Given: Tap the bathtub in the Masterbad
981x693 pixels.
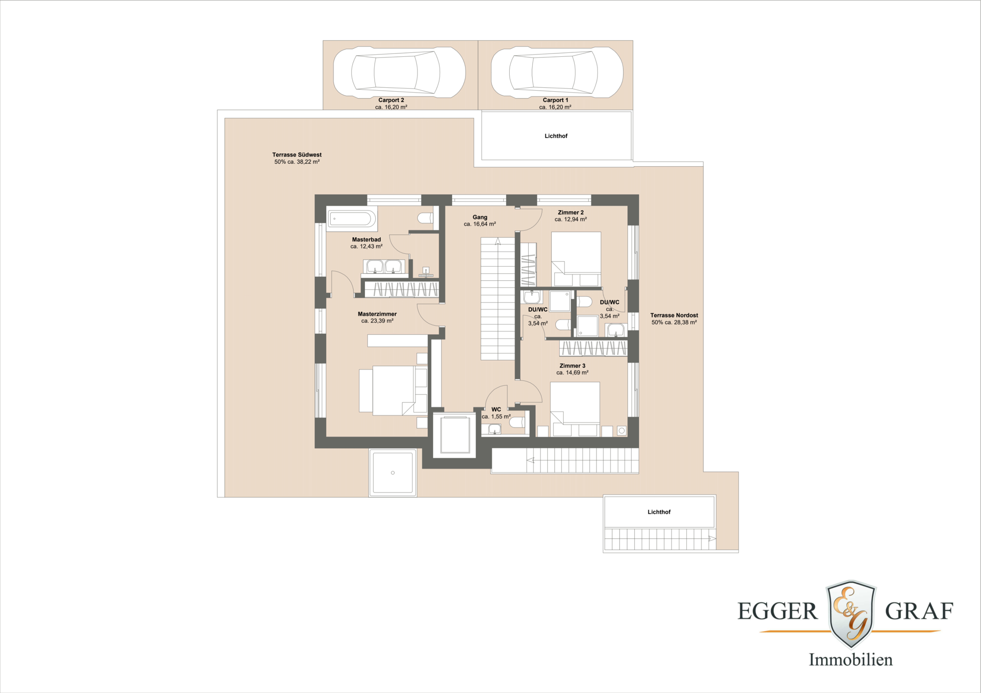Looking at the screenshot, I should (351, 219).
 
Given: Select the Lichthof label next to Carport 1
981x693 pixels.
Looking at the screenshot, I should (556, 136).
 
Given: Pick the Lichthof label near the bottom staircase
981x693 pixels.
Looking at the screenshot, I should (659, 512).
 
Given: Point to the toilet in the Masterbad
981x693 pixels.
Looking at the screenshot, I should (425, 218).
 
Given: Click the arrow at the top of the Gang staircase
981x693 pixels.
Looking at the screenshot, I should (497, 241).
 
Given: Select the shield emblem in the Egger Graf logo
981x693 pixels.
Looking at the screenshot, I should (851, 613).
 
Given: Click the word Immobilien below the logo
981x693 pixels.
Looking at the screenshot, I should (851, 660).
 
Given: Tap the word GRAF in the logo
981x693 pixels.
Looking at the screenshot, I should (919, 611).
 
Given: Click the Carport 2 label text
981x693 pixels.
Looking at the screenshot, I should (391, 100).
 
